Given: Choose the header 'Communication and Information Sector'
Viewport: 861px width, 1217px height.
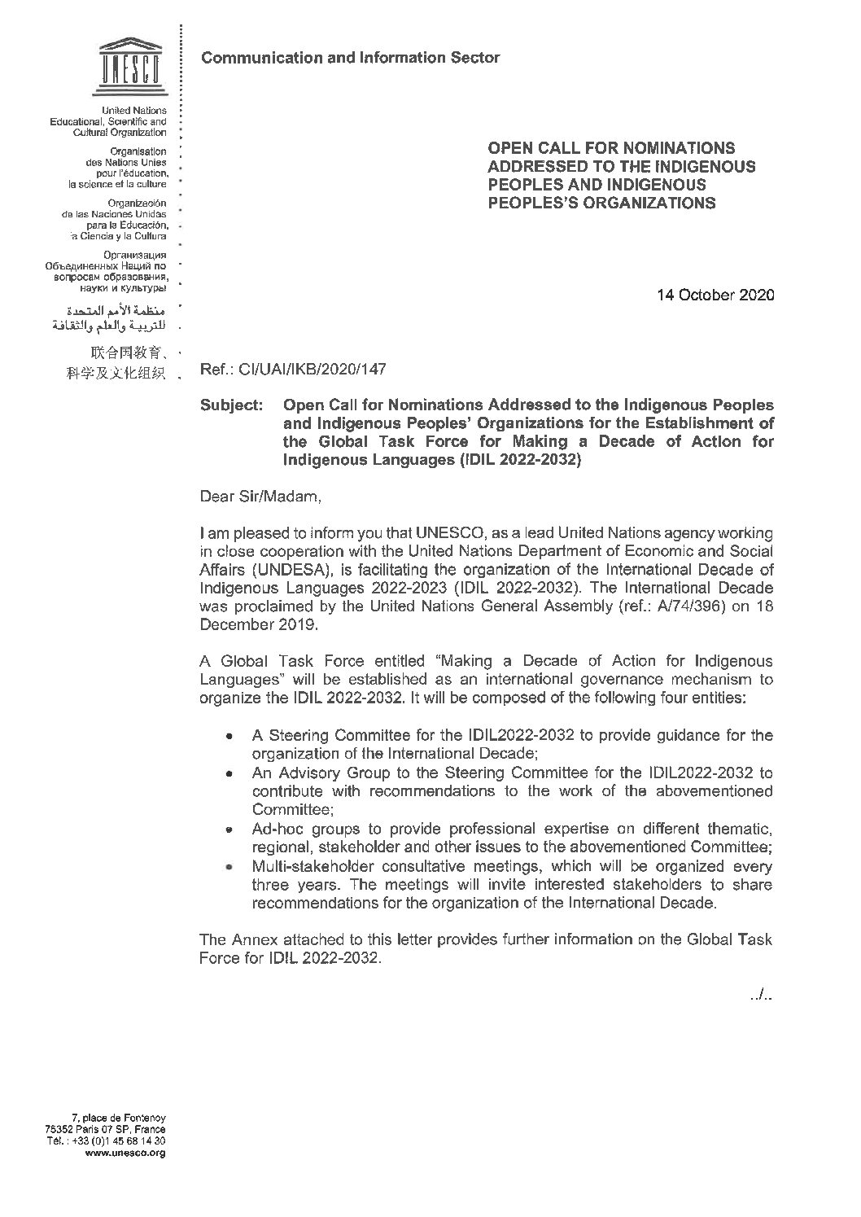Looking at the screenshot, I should click(x=350, y=57).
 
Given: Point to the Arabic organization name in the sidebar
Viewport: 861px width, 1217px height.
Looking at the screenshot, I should click(x=110, y=318).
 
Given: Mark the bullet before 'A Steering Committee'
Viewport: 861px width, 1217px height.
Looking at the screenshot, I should click(x=232, y=736).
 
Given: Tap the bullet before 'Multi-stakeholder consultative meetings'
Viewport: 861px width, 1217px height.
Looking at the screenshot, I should click(x=232, y=867).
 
